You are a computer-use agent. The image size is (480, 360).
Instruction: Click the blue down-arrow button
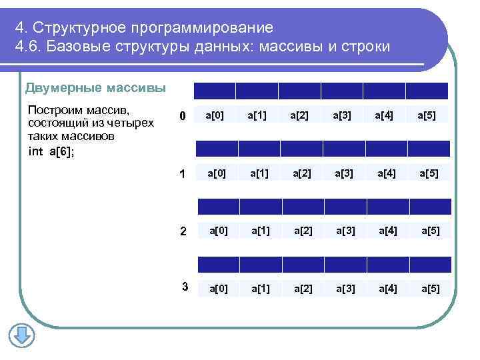21,335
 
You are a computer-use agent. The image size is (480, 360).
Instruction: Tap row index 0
181,117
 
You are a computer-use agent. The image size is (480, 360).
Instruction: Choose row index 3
185,287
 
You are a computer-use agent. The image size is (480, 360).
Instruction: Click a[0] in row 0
215,116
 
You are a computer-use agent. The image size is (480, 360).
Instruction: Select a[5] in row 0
427,116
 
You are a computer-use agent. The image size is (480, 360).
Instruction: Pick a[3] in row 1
345,174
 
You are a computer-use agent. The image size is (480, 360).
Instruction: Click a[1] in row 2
260,231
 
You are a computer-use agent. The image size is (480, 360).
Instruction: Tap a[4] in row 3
388,289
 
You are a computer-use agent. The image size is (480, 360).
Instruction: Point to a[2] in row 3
303,289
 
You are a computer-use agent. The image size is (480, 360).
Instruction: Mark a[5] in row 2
430,231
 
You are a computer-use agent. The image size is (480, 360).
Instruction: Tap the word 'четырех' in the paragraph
131,123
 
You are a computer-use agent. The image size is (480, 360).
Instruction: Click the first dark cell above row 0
214,91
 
